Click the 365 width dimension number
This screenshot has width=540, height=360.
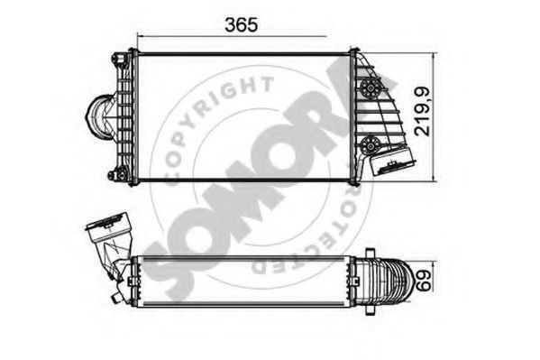coord(241,25)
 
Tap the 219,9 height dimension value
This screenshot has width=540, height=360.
coord(422,111)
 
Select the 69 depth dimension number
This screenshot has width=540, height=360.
coord(424,281)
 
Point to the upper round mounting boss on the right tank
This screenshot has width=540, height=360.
coord(370,88)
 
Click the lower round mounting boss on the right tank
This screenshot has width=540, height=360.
coord(370,145)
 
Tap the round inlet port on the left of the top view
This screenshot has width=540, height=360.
coord(99,117)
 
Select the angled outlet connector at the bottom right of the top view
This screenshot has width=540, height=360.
coord(392,162)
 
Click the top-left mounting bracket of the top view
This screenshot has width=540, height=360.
coord(119,60)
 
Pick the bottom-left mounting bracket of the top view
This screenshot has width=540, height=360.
coord(118,174)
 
